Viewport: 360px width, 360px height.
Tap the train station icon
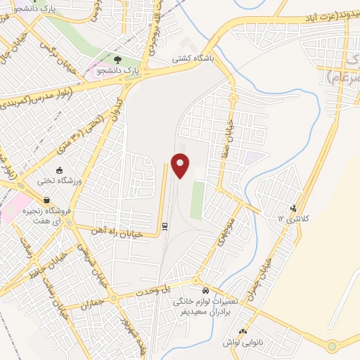(x=165, y=226)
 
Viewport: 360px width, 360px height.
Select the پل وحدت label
(x=155, y=290)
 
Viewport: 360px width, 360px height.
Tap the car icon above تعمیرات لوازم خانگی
(x=205, y=290)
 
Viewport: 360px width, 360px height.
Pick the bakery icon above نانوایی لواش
(x=243, y=331)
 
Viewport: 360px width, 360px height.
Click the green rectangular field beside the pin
(x=198, y=198)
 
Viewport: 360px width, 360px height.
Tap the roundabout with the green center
(x=332, y=346)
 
